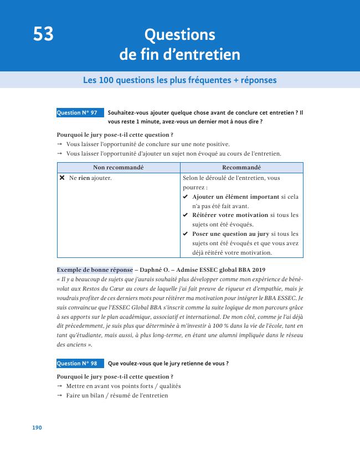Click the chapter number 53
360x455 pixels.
point(43,35)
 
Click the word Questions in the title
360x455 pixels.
point(179,35)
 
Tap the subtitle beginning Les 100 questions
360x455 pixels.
point(179,80)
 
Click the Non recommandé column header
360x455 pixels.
point(119,168)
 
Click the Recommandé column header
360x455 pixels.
point(241,168)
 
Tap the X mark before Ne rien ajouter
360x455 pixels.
point(62,178)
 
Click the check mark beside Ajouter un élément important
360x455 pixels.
point(186,197)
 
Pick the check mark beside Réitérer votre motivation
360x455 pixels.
point(186,215)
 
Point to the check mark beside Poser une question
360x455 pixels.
point(186,234)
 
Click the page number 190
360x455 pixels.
point(37,428)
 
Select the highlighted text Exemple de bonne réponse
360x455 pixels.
point(95,270)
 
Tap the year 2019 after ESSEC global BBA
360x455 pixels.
point(255,270)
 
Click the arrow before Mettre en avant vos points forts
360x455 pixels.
point(59,386)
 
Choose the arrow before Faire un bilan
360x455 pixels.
point(59,396)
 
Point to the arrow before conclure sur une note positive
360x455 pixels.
point(59,144)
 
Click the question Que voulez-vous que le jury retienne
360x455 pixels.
point(168,364)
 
